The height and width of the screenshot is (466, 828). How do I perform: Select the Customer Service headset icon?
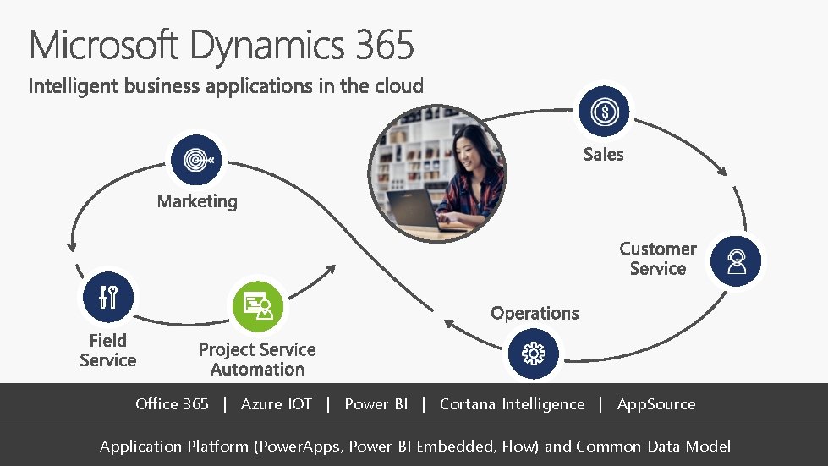[735, 261]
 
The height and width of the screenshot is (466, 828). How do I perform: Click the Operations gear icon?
[534, 353]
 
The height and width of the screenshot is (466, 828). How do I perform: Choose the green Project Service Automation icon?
[257, 306]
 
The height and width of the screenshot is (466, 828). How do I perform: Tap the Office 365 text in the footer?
[172, 404]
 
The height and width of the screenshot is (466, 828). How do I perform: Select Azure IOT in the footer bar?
[276, 404]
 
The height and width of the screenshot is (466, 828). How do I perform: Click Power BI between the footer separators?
[376, 404]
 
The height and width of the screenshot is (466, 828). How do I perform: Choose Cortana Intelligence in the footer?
[512, 404]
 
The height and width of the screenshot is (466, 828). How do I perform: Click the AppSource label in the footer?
[656, 404]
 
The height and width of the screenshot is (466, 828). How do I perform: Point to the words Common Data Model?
[654, 447]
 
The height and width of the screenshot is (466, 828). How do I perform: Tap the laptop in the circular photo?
[414, 211]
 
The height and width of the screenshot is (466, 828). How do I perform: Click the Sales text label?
[603, 154]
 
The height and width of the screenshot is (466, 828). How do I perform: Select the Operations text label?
[535, 313]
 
